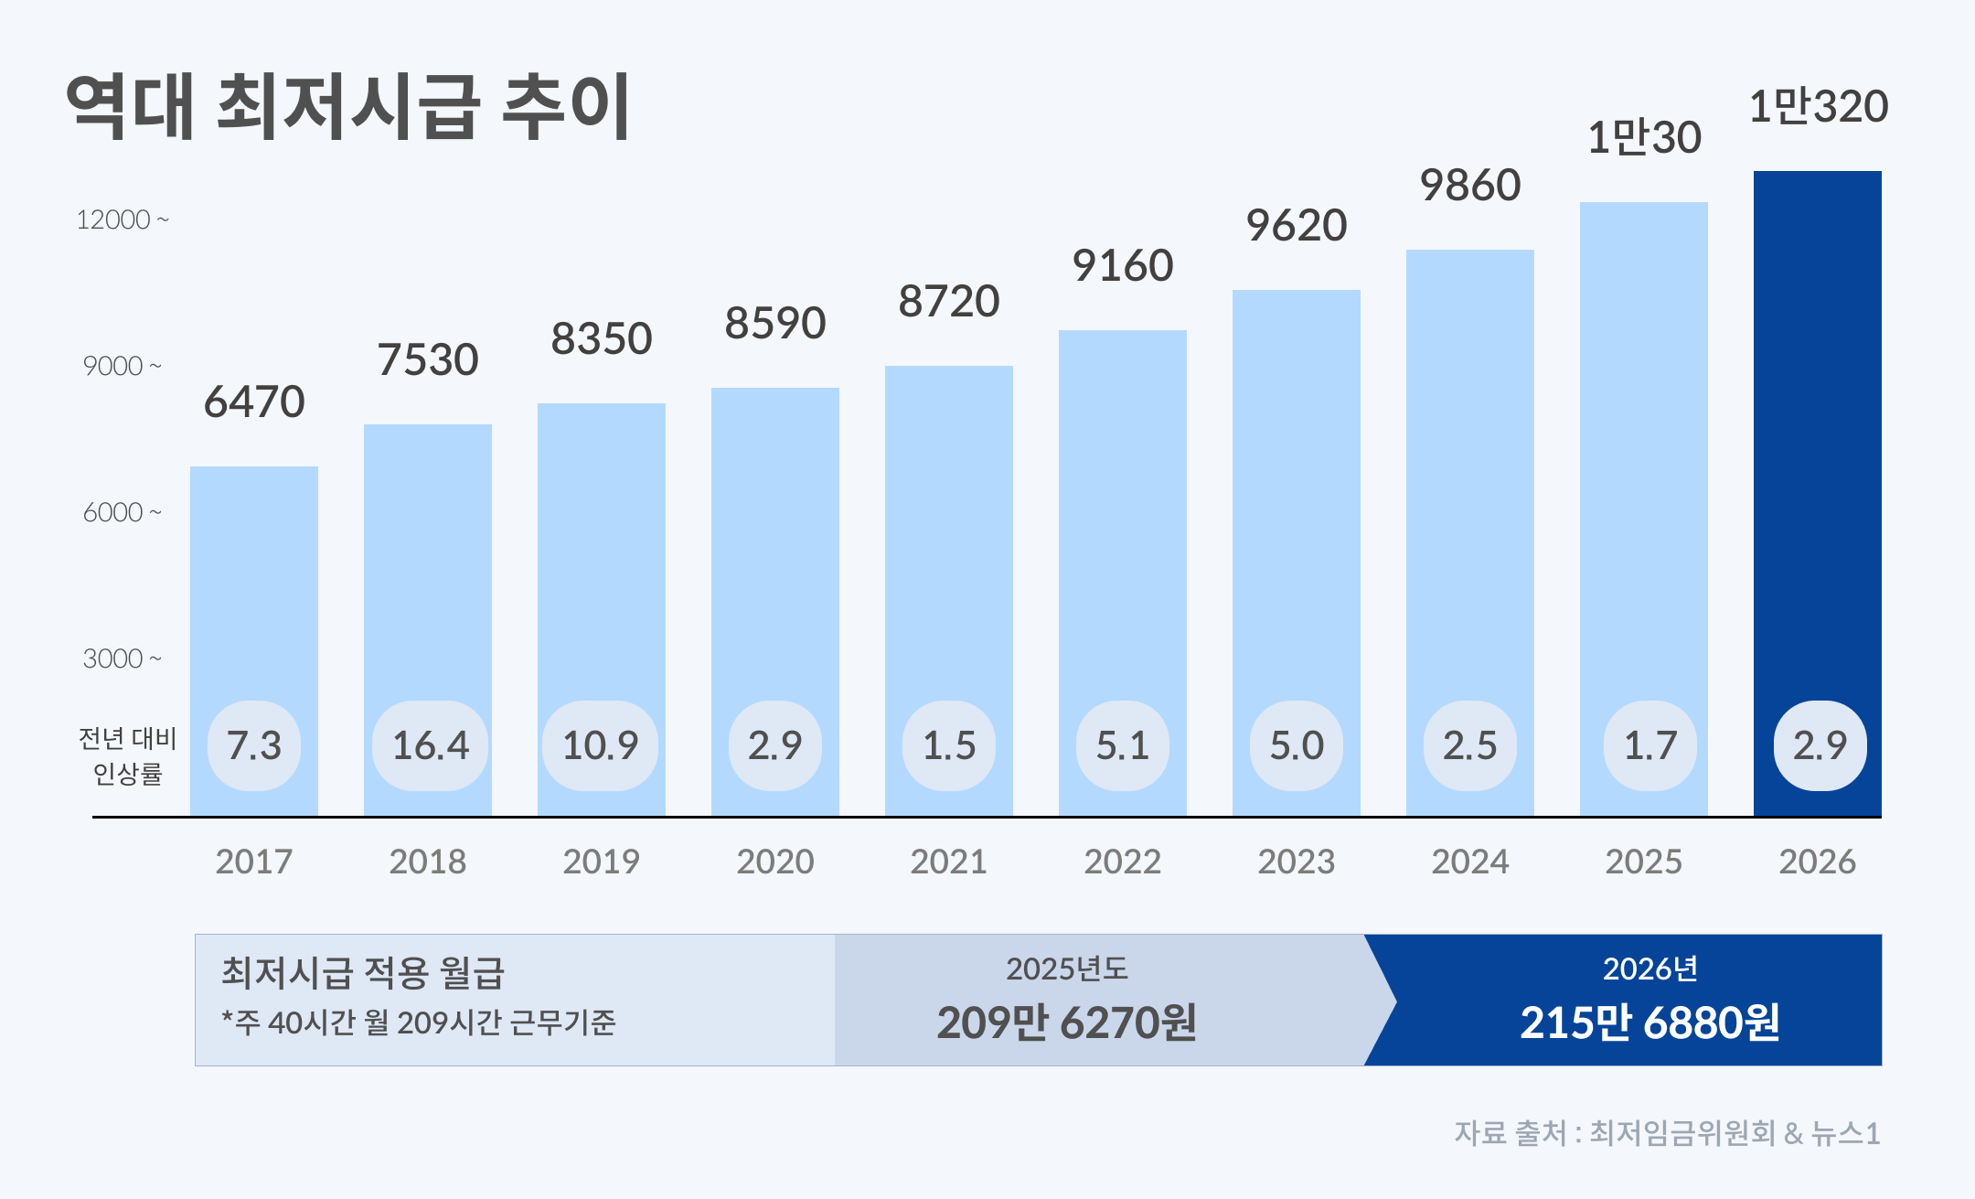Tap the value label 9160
click(1122, 266)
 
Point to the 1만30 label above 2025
click(1644, 138)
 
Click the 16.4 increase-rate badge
click(430, 745)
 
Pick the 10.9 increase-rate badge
click(600, 745)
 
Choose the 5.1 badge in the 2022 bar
click(1122, 745)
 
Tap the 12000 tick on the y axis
click(122, 220)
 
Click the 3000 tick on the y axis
click(122, 658)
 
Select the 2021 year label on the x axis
click(948, 862)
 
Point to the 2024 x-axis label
click(1469, 862)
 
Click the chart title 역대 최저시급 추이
click(348, 108)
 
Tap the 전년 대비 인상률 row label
click(127, 755)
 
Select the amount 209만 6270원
click(1066, 1022)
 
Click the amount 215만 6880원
click(1649, 1022)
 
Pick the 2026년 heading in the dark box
click(1649, 969)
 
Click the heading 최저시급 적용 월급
click(362, 972)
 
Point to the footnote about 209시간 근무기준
click(419, 1022)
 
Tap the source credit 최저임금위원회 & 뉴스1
click(1667, 1133)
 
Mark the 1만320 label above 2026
click(1818, 107)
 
